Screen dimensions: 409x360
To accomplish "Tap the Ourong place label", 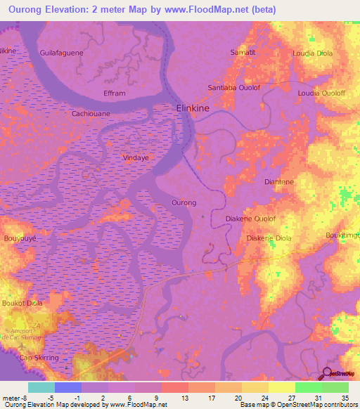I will (184, 202).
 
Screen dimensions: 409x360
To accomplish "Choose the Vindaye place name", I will (136, 159).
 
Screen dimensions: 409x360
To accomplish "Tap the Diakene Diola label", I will (269, 238).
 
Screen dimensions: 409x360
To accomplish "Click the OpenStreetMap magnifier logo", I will (328, 373).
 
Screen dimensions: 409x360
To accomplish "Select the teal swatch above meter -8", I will (41, 387).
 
